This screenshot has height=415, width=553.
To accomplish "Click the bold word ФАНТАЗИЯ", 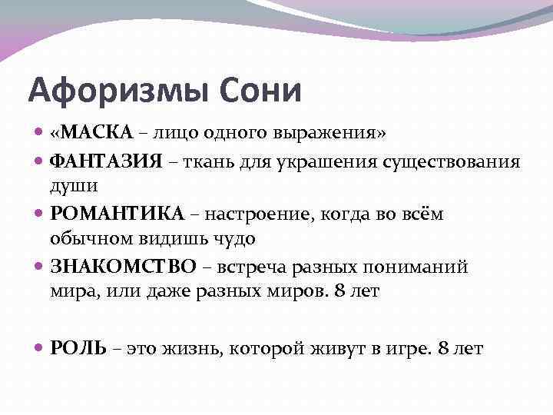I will [x=105, y=161].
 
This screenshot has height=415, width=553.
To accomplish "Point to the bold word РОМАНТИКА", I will [x=117, y=213].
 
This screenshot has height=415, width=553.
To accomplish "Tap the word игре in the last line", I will [x=407, y=348].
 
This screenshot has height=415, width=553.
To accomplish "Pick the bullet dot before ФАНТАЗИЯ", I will [x=40, y=161].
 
